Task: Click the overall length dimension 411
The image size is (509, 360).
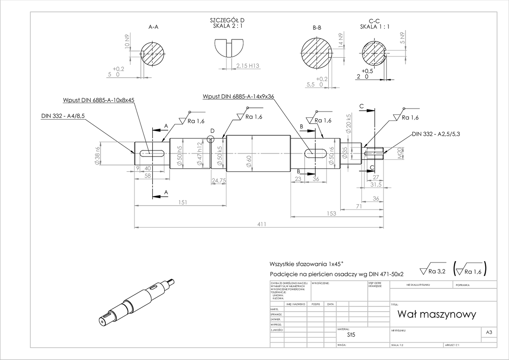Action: click(x=261, y=224)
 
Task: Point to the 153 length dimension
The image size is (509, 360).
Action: click(x=332, y=213)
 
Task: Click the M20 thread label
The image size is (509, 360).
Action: click(x=399, y=153)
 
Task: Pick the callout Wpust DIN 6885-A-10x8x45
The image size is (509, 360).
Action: click(x=98, y=100)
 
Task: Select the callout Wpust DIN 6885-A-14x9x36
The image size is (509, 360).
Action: click(x=239, y=96)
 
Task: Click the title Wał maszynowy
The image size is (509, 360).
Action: click(x=436, y=315)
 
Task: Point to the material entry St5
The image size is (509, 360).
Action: click(x=350, y=335)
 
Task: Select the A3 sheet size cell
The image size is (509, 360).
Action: click(x=488, y=333)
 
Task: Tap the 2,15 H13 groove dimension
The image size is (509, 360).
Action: click(x=247, y=66)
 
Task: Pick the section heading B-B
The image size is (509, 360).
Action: click(x=317, y=28)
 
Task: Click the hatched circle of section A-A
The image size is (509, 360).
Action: click(x=152, y=53)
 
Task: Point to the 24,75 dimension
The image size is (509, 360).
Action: click(x=218, y=180)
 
